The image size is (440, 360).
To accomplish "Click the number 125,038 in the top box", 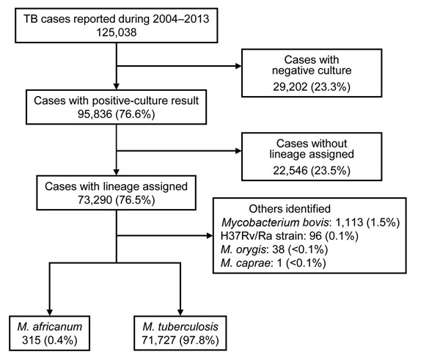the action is point(117,32).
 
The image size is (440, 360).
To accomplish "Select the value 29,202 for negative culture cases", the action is point(290,87).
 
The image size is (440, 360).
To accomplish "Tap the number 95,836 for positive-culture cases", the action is point(95,114).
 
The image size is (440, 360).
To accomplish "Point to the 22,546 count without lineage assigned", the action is point(290,170).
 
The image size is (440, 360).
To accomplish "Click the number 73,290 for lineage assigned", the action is point(95,200).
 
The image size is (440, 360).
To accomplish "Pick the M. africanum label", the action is point(50,326).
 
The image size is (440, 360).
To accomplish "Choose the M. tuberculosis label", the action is point(180,326).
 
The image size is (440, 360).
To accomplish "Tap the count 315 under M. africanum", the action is point(32,340).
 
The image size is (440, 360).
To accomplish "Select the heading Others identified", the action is point(290,209).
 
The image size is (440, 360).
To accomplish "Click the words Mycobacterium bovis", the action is point(275,222).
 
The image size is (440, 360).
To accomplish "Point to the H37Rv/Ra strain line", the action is point(290,235).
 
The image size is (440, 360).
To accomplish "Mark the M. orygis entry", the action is point(274,249).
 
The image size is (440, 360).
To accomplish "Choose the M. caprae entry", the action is point(274,263).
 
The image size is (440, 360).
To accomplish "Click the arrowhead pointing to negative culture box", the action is point(238,66).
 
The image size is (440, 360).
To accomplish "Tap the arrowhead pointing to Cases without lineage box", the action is point(238,151).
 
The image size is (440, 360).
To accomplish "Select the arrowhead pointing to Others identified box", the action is point(210,235).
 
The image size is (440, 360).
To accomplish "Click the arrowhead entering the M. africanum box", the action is point(50,312).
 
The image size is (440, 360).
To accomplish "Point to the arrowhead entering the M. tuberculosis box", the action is point(180,312).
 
